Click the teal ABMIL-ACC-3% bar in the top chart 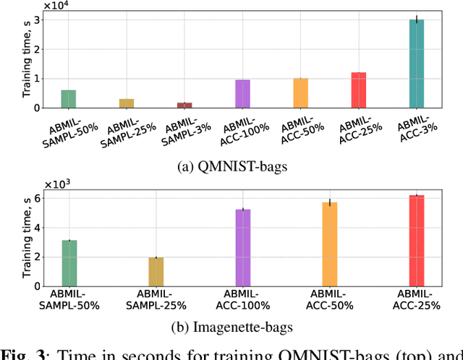[x=417, y=64]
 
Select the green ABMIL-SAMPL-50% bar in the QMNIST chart [x=69, y=99]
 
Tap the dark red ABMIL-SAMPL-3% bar [x=185, y=106]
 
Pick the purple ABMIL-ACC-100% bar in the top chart [x=242, y=94]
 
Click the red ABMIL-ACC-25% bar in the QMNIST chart [x=359, y=90]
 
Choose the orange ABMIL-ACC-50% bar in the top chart [x=300, y=93]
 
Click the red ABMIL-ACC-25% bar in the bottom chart [x=417, y=241]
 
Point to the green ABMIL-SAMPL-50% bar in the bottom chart [x=69, y=263]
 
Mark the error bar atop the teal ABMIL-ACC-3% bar [x=417, y=20]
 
